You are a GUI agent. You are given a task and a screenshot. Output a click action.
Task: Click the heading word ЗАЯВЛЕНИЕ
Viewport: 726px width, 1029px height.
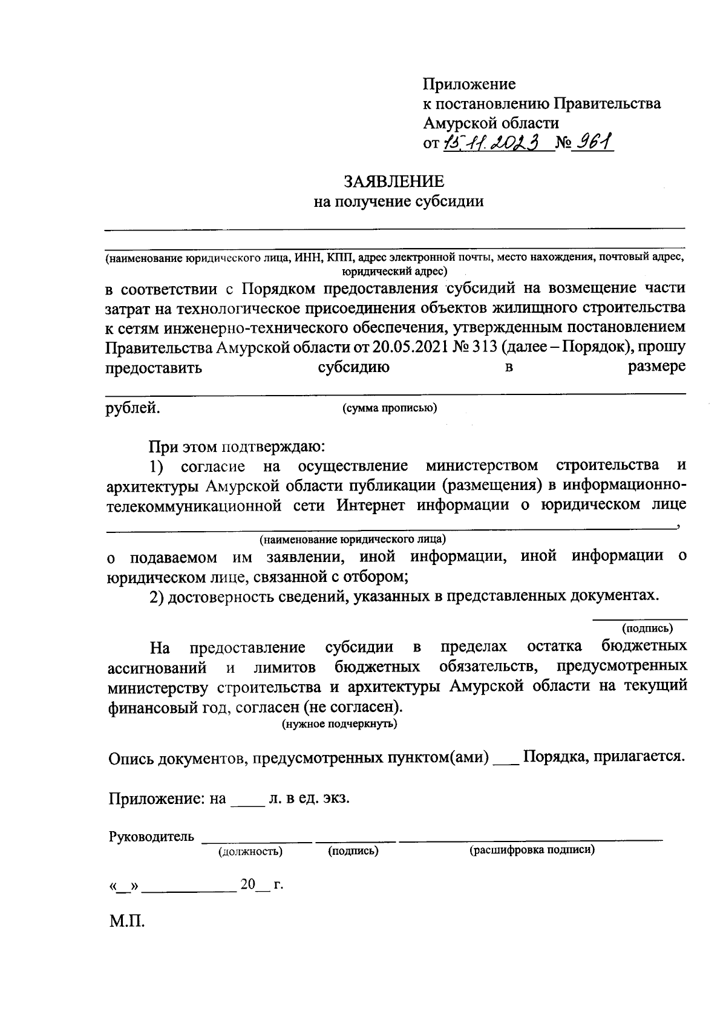[x=394, y=181]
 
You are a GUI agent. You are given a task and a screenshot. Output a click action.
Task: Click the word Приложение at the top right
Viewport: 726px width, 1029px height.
[x=469, y=83]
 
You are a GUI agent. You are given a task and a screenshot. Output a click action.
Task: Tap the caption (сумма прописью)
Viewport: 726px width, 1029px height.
[x=390, y=408]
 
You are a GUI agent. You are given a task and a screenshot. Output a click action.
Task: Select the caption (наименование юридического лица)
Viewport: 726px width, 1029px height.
[x=353, y=538]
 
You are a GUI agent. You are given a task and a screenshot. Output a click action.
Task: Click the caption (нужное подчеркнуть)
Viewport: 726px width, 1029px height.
[x=340, y=724]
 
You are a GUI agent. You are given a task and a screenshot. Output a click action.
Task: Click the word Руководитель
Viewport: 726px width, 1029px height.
[x=152, y=837]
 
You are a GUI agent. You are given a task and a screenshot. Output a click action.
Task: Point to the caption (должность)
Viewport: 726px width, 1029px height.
[x=250, y=852]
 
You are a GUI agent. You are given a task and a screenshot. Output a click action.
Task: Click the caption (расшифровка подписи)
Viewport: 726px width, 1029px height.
[x=532, y=851]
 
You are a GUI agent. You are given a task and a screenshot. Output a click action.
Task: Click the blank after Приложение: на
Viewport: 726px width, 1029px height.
[x=247, y=800]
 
